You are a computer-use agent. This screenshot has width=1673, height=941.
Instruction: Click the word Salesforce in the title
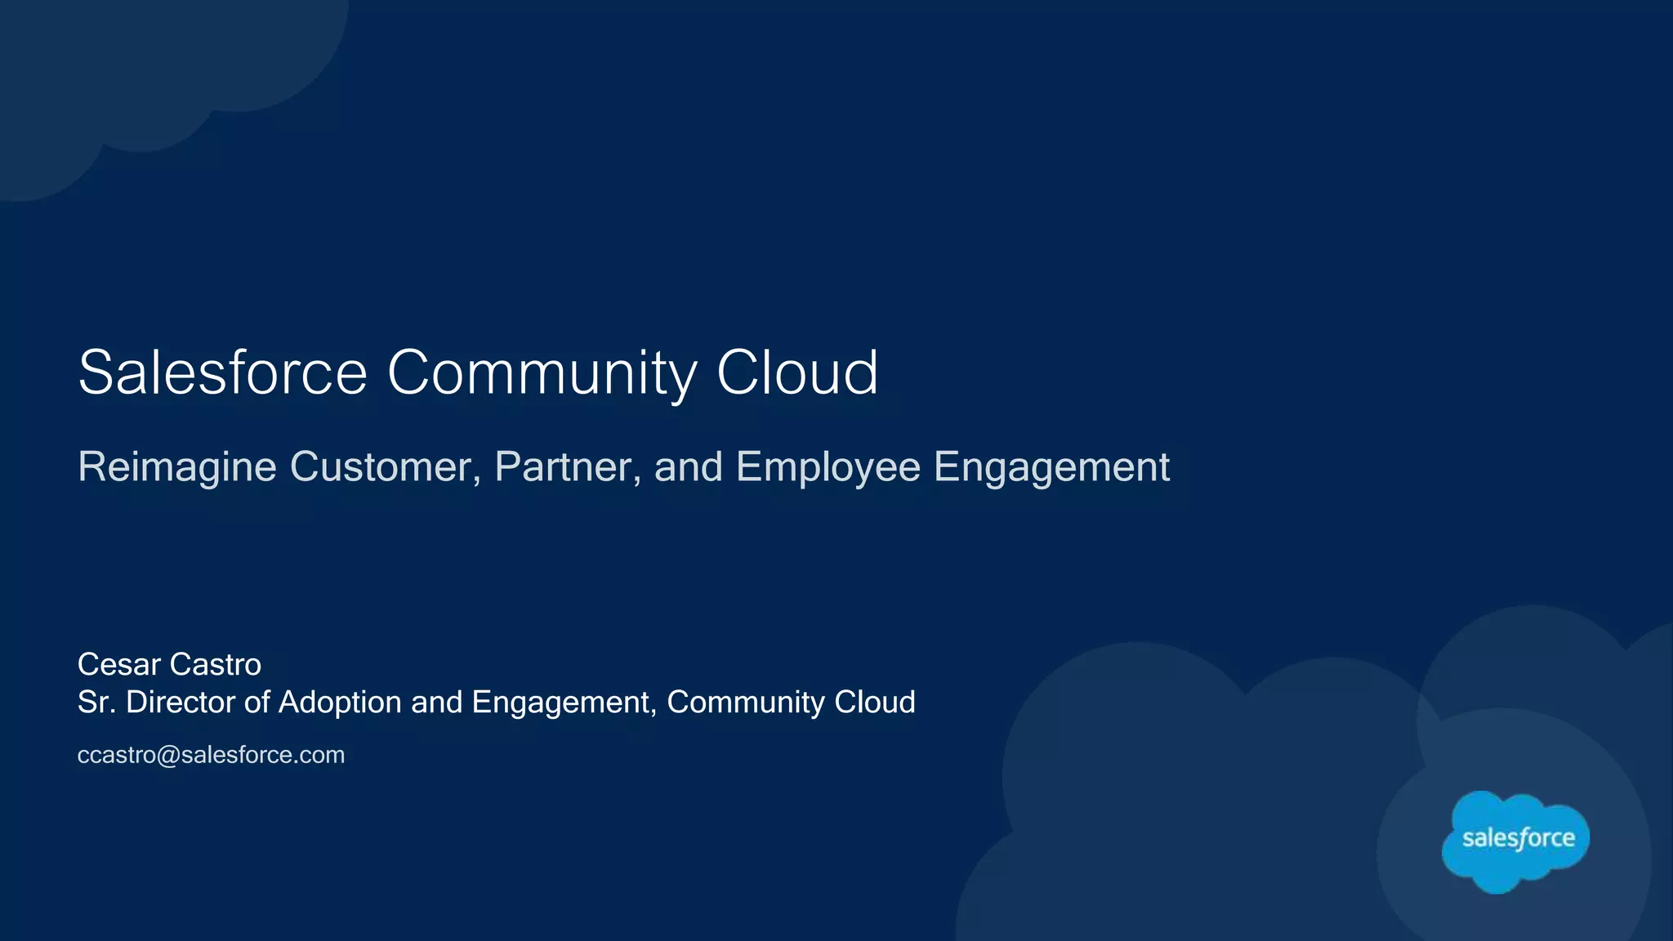[x=222, y=372]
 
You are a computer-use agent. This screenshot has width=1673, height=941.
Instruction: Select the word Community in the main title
[x=542, y=372]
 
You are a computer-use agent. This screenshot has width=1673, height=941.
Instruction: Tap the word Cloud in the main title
[x=796, y=372]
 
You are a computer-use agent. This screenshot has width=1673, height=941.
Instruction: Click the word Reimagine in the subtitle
[x=177, y=467]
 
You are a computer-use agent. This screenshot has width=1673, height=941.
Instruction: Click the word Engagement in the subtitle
[x=1051, y=467]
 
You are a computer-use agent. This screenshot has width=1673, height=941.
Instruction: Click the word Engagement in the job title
[x=564, y=702]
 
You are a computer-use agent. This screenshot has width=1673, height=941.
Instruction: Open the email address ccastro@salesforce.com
[x=211, y=755]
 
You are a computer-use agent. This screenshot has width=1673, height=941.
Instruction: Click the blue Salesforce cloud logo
[x=1516, y=840]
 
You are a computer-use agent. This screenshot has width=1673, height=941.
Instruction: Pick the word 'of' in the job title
[x=256, y=702]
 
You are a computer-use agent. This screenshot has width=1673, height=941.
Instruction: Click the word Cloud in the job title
[x=874, y=702]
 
